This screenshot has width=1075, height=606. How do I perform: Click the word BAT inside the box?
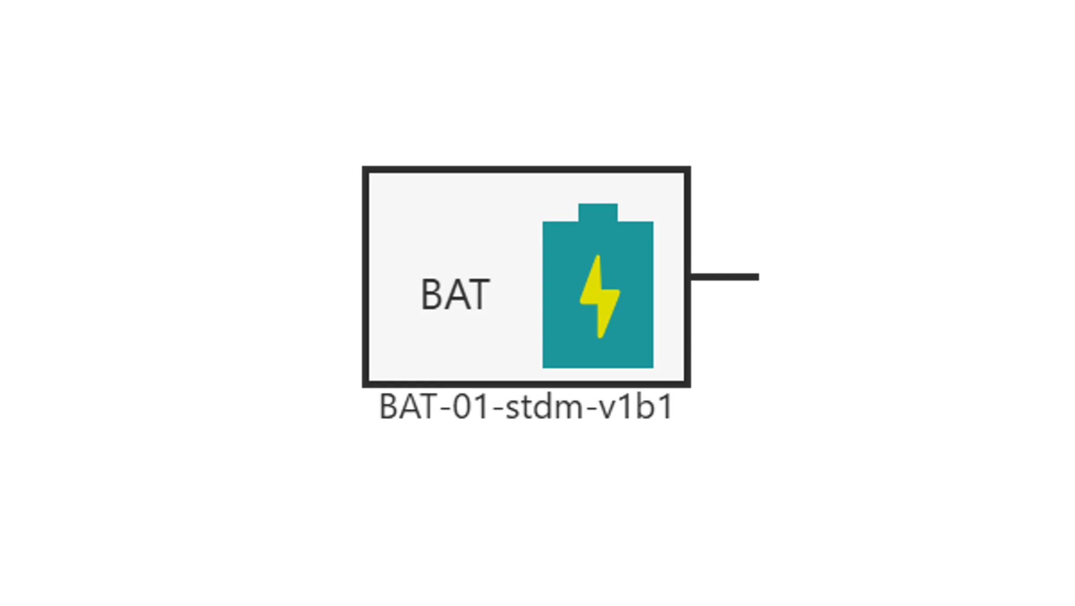(455, 294)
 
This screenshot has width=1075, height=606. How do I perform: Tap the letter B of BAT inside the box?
(432, 294)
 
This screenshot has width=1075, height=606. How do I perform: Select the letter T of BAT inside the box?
(478, 294)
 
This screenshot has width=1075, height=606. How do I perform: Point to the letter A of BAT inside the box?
(455, 294)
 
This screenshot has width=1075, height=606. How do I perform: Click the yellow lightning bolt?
(600, 297)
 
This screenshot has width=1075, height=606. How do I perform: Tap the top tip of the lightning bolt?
(598, 256)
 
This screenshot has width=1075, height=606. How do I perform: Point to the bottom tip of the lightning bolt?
(600, 338)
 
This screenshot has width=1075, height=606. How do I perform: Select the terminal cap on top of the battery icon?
(598, 212)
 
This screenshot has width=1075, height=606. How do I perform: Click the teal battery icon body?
(598, 294)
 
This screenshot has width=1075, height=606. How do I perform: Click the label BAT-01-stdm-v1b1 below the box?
(526, 407)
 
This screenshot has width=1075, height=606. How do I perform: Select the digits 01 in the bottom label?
(470, 407)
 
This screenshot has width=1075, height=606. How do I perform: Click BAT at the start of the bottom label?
(409, 407)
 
